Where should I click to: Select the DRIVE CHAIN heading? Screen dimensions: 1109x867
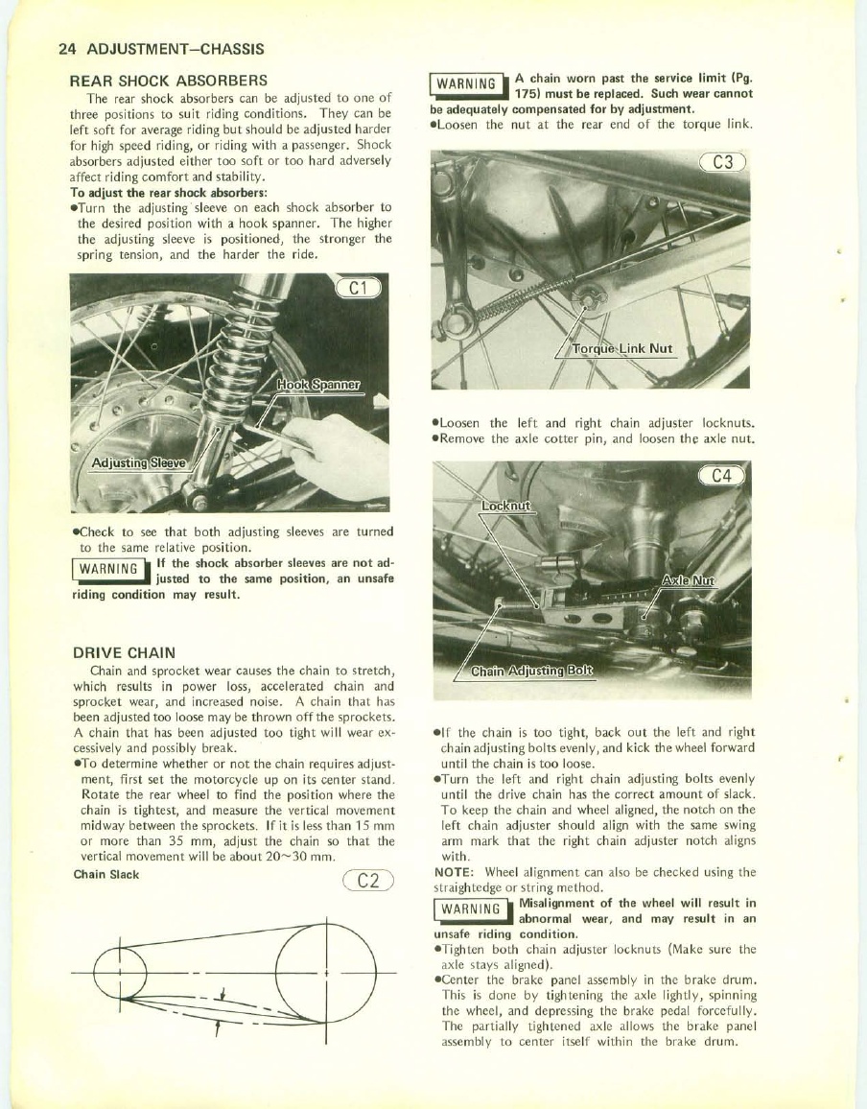pyautogui.click(x=124, y=651)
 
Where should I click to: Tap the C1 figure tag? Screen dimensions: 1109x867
pyautogui.click(x=360, y=286)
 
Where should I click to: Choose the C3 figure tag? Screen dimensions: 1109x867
pyautogui.click(x=721, y=162)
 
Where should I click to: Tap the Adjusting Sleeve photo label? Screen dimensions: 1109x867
pyautogui.click(x=138, y=465)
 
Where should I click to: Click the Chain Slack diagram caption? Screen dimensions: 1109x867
pyautogui.click(x=106, y=874)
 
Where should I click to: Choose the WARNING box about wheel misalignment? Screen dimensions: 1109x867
pyautogui.click(x=467, y=910)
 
